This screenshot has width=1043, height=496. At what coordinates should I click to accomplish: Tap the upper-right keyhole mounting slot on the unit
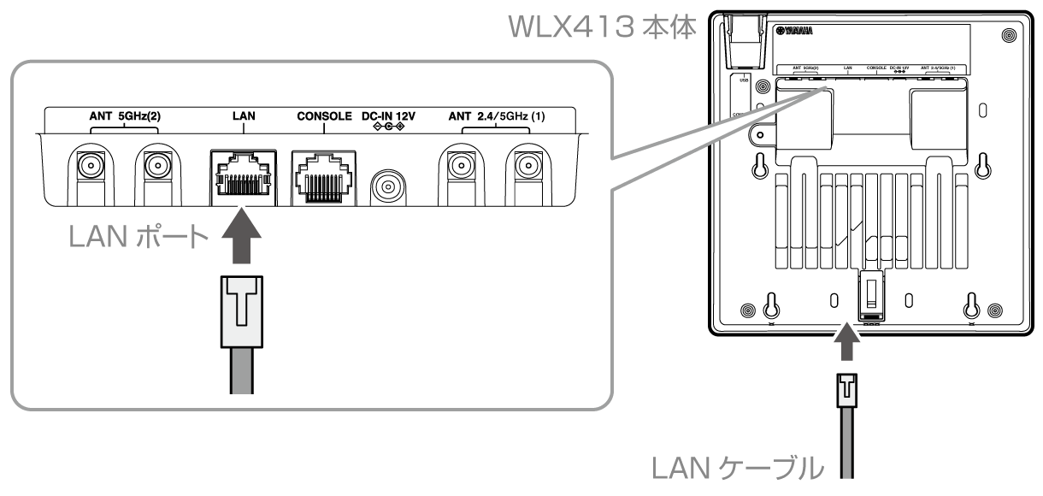pos(982,164)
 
